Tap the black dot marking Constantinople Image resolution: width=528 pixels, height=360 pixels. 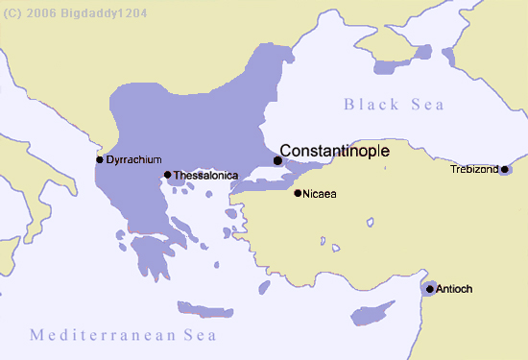click(x=278, y=160)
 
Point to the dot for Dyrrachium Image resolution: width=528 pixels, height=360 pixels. click(x=100, y=159)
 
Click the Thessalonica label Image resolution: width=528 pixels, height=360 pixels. click(x=205, y=176)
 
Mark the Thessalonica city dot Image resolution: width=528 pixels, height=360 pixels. click(x=167, y=175)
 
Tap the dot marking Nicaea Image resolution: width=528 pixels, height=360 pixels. click(x=298, y=193)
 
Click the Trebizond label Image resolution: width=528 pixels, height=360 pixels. click(x=474, y=170)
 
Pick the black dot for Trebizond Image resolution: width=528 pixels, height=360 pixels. click(x=505, y=170)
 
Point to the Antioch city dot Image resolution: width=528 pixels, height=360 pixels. click(x=430, y=288)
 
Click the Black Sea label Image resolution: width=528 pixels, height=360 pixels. click(x=394, y=104)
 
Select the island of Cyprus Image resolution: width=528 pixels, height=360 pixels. click(x=372, y=314)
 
